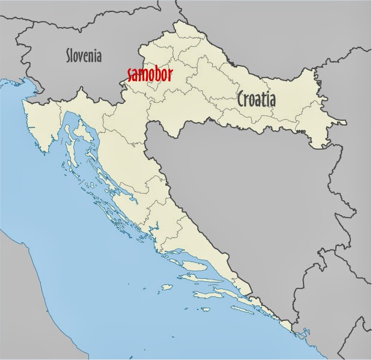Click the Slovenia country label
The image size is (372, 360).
tap(84, 56)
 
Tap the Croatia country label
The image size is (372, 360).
tap(257, 99)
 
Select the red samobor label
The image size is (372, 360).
tap(150, 75)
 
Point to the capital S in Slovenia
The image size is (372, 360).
tap(69, 56)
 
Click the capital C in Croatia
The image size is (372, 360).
tap(242, 99)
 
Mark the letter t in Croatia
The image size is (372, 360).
tap(264, 99)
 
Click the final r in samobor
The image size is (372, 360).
tap(171, 75)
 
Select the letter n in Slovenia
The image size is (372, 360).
tap(93, 57)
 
